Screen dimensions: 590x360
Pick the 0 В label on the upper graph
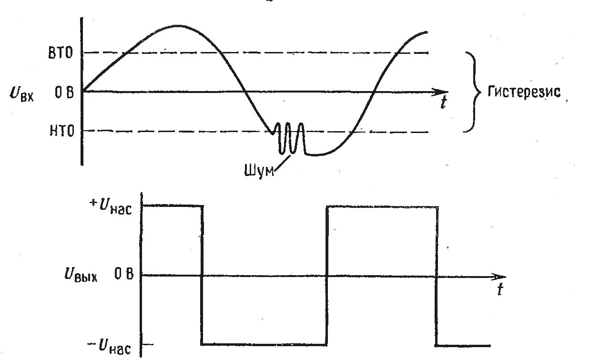coord(64,92)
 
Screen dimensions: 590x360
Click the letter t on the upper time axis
coord(444,103)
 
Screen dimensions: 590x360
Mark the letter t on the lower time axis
coord(499,289)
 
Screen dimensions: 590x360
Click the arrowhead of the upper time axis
coord(441,91)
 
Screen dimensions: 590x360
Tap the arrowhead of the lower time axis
coord(498,276)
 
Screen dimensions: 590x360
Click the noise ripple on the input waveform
coord(289,138)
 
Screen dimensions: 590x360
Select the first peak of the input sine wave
coord(177,26)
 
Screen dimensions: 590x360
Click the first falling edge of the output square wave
coord(202,275)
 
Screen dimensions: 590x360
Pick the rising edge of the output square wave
coord(326,275)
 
